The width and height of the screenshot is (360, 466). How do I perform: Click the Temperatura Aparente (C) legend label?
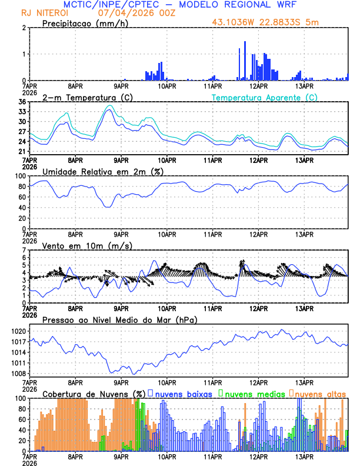[265, 97]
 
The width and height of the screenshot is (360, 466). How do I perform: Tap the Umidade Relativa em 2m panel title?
[102, 171]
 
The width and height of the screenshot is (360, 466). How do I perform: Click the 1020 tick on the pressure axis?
[18, 331]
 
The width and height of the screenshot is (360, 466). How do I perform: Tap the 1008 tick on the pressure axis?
[18, 374]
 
